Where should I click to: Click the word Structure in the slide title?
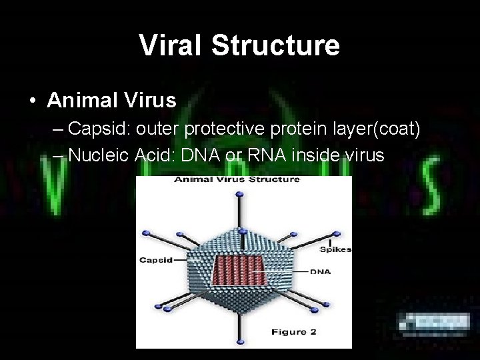[276, 45]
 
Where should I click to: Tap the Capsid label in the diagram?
[155, 260]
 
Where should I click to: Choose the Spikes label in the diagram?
[335, 249]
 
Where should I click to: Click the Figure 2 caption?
[289, 331]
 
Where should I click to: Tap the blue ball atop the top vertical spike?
[238, 193]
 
